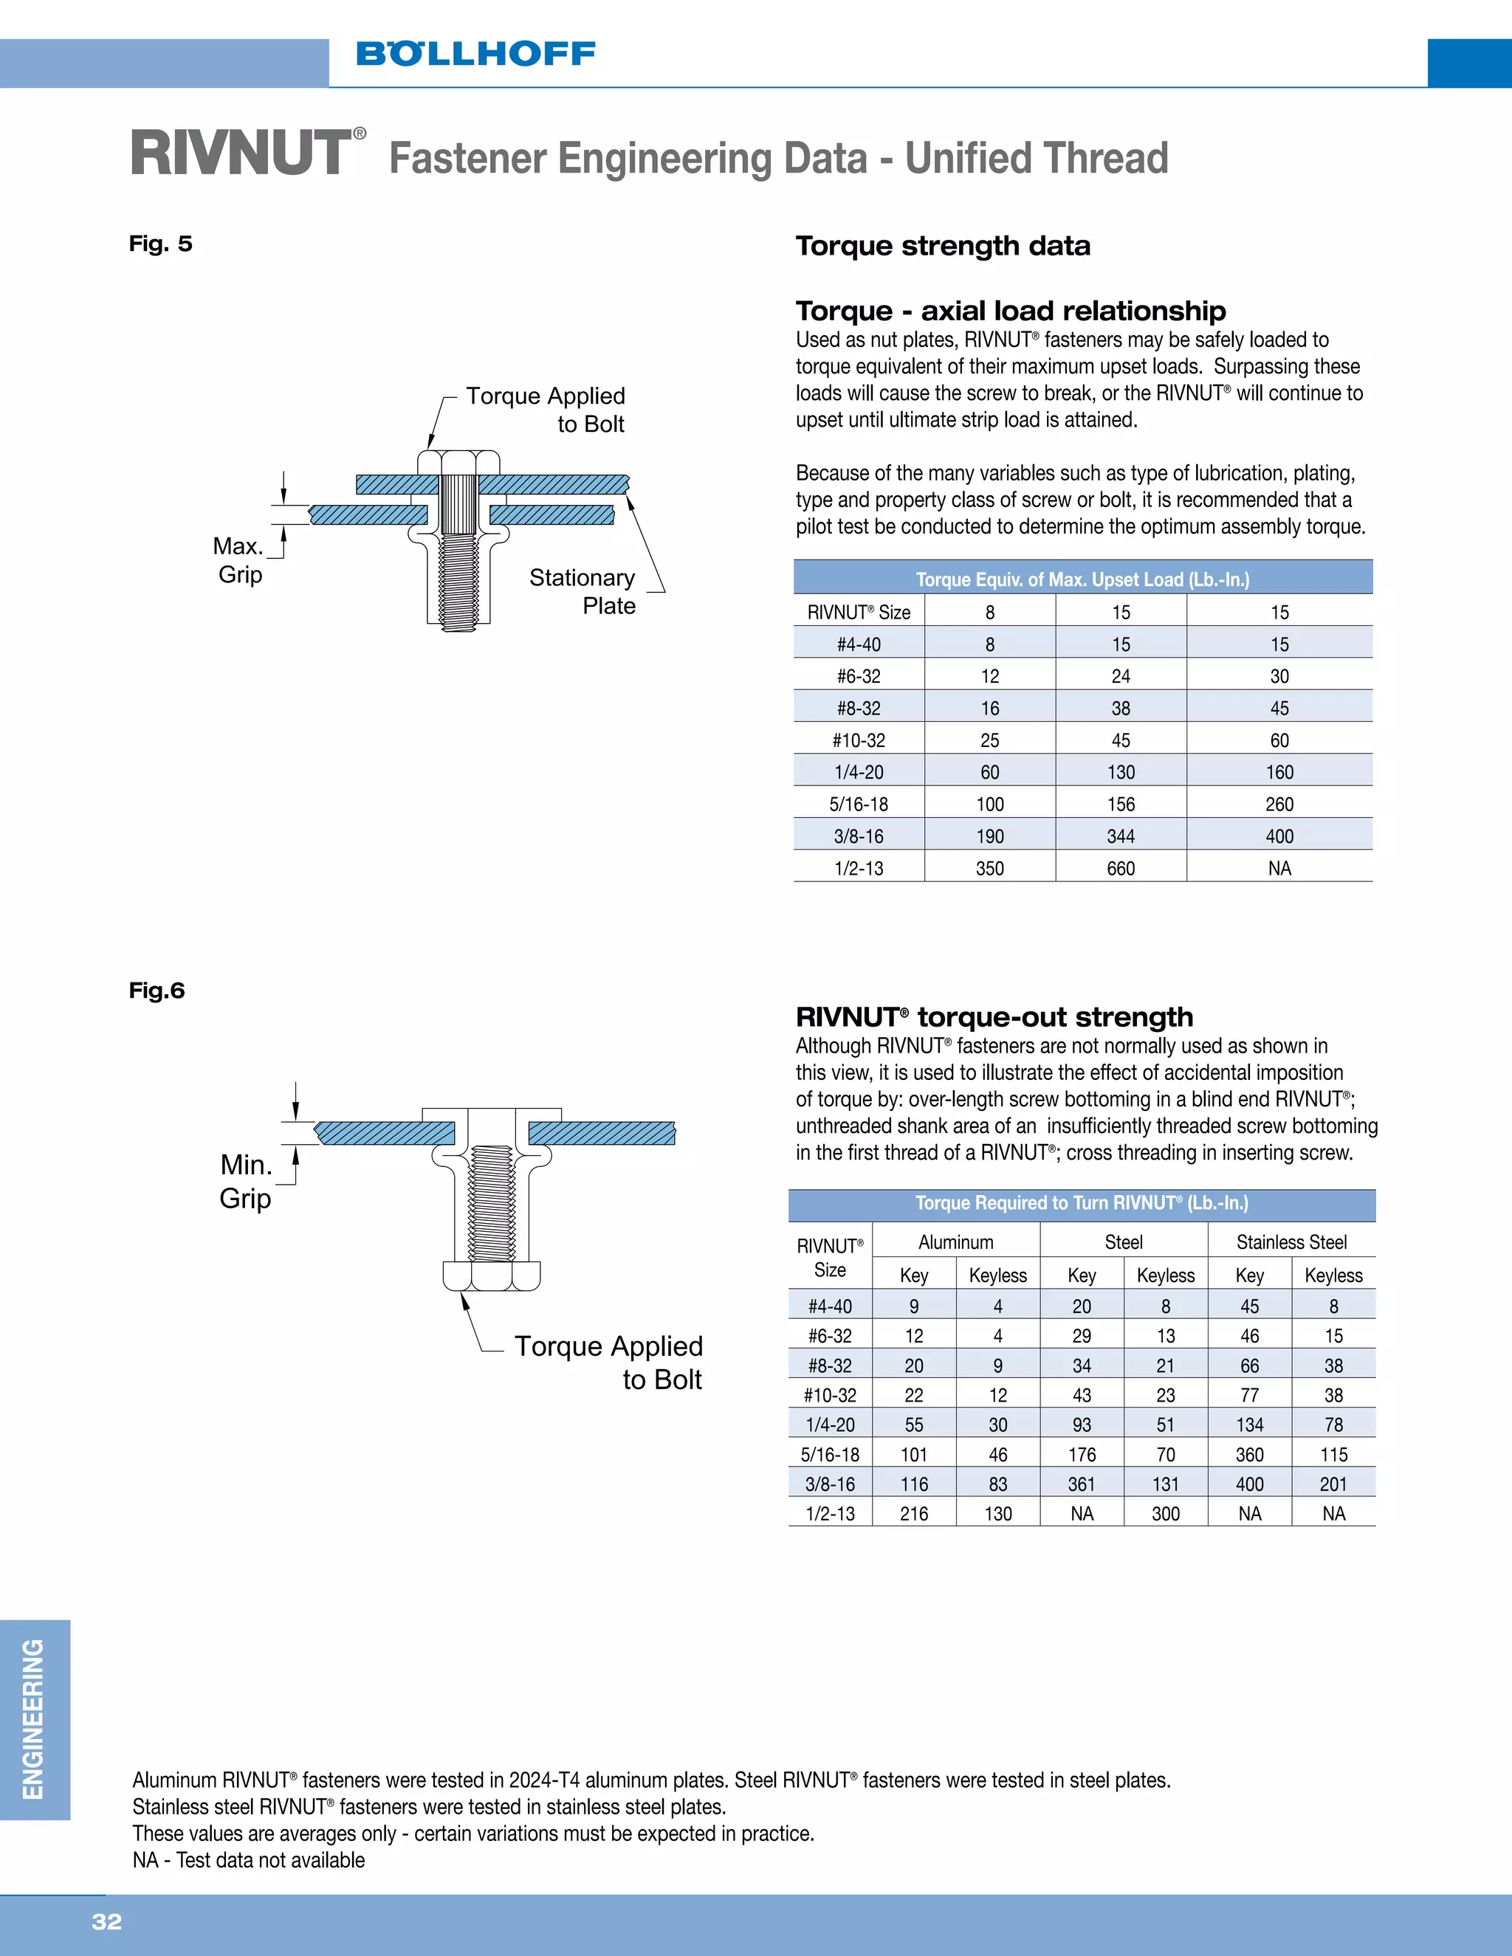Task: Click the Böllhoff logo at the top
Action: click(x=475, y=54)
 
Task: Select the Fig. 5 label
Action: click(x=160, y=244)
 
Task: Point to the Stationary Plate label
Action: click(x=583, y=591)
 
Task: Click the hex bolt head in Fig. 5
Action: click(x=458, y=462)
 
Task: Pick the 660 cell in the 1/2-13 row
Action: click(x=1121, y=868)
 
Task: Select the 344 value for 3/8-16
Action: click(x=1121, y=836)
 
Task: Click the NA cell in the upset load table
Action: click(x=1279, y=868)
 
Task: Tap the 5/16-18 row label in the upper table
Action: click(x=858, y=803)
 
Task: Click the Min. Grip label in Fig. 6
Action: click(x=245, y=1181)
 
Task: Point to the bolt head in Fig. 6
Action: click(x=492, y=1275)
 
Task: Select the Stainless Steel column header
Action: click(x=1291, y=1242)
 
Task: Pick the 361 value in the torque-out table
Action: click(x=1081, y=1484)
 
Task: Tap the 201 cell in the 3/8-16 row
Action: click(x=1333, y=1484)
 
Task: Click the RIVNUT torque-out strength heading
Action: click(x=994, y=1016)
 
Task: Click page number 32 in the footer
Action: click(x=106, y=1921)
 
